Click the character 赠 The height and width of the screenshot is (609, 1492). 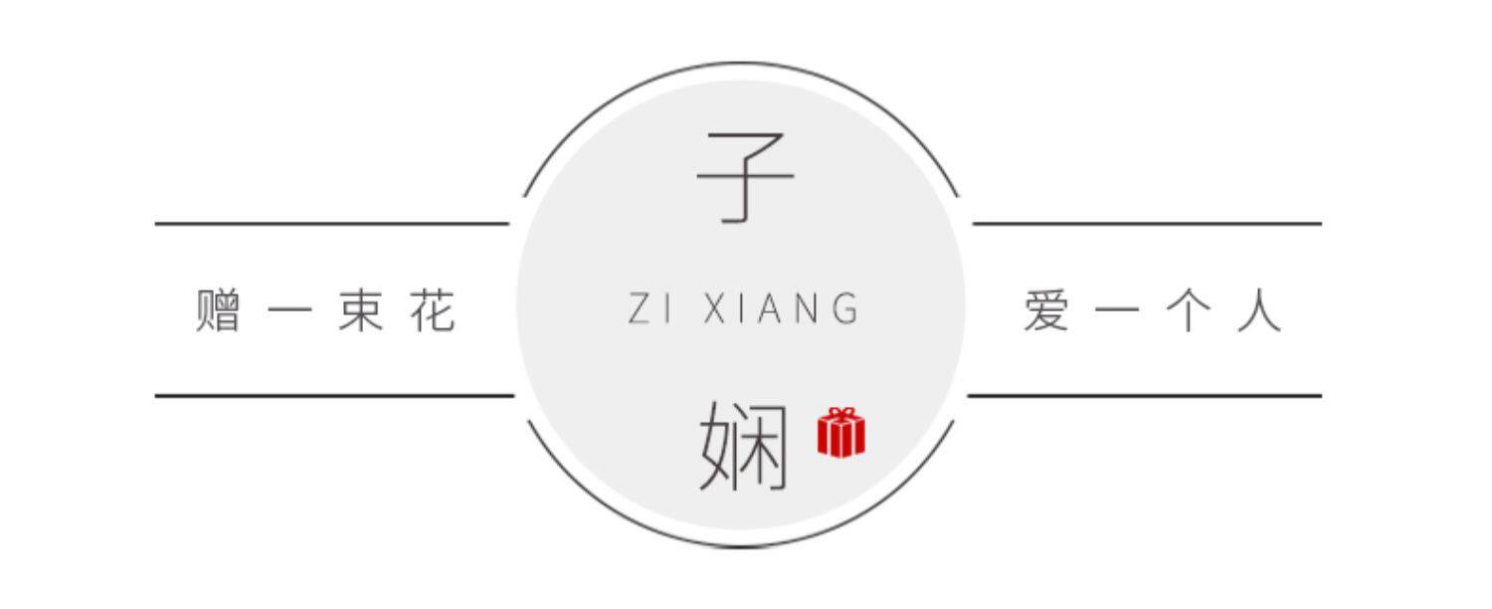pyautogui.click(x=219, y=310)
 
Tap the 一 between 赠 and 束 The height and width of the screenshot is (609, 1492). pyautogui.click(x=289, y=311)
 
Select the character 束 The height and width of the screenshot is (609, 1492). pyautogui.click(x=360, y=310)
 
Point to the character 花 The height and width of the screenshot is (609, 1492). pyautogui.click(x=432, y=310)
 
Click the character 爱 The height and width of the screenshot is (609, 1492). pyautogui.click(x=1046, y=310)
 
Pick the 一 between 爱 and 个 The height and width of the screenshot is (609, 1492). pyautogui.click(x=1118, y=311)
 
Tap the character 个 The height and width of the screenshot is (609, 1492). pyautogui.click(x=1189, y=310)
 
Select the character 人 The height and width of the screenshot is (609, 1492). pyautogui.click(x=1259, y=310)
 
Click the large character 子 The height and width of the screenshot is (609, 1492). pyautogui.click(x=745, y=179)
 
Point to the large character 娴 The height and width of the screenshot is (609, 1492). pyautogui.click(x=745, y=447)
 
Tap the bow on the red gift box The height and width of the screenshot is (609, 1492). pyautogui.click(x=841, y=413)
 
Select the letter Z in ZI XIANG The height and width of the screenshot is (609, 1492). pyautogui.click(x=640, y=309)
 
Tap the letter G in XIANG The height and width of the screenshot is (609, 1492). pyautogui.click(x=846, y=309)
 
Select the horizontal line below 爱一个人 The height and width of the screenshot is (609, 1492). pyautogui.click(x=1144, y=395)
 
